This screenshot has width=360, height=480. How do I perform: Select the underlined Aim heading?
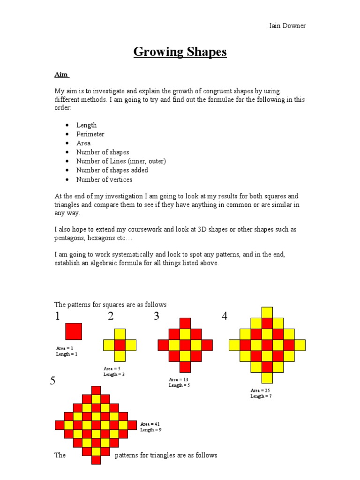point(61,75)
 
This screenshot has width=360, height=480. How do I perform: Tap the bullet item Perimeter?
point(90,134)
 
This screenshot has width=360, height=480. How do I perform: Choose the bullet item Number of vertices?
point(104,180)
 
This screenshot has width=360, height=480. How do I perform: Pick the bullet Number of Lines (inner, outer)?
point(121,161)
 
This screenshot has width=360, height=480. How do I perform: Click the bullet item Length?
point(87,125)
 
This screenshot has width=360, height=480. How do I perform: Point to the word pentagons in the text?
point(71,238)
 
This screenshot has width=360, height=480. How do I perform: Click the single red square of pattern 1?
point(74,331)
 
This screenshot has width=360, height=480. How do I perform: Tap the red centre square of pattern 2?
point(120,345)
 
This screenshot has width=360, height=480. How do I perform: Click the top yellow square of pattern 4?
point(267,312)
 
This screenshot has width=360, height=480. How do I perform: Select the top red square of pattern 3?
point(185,323)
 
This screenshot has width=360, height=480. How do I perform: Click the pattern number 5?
point(53,381)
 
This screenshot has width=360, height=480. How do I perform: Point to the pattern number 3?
point(156,316)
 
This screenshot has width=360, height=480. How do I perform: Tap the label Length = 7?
point(261,396)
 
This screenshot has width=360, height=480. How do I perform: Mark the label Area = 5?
point(112,369)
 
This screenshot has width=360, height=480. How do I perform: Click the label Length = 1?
point(67,354)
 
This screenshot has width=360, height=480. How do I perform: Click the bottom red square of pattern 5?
point(96,460)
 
